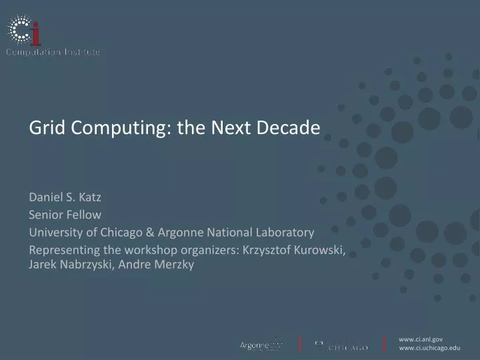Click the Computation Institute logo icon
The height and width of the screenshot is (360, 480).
23,29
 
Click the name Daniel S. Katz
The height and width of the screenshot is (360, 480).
64,197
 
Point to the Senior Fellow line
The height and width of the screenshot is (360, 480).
65,214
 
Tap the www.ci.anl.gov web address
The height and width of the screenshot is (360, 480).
420,339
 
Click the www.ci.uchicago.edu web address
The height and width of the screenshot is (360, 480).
429,348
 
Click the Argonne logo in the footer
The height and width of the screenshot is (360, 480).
261,345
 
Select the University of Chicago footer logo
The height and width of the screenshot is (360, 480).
341,345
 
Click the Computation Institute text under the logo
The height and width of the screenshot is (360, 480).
53,52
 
